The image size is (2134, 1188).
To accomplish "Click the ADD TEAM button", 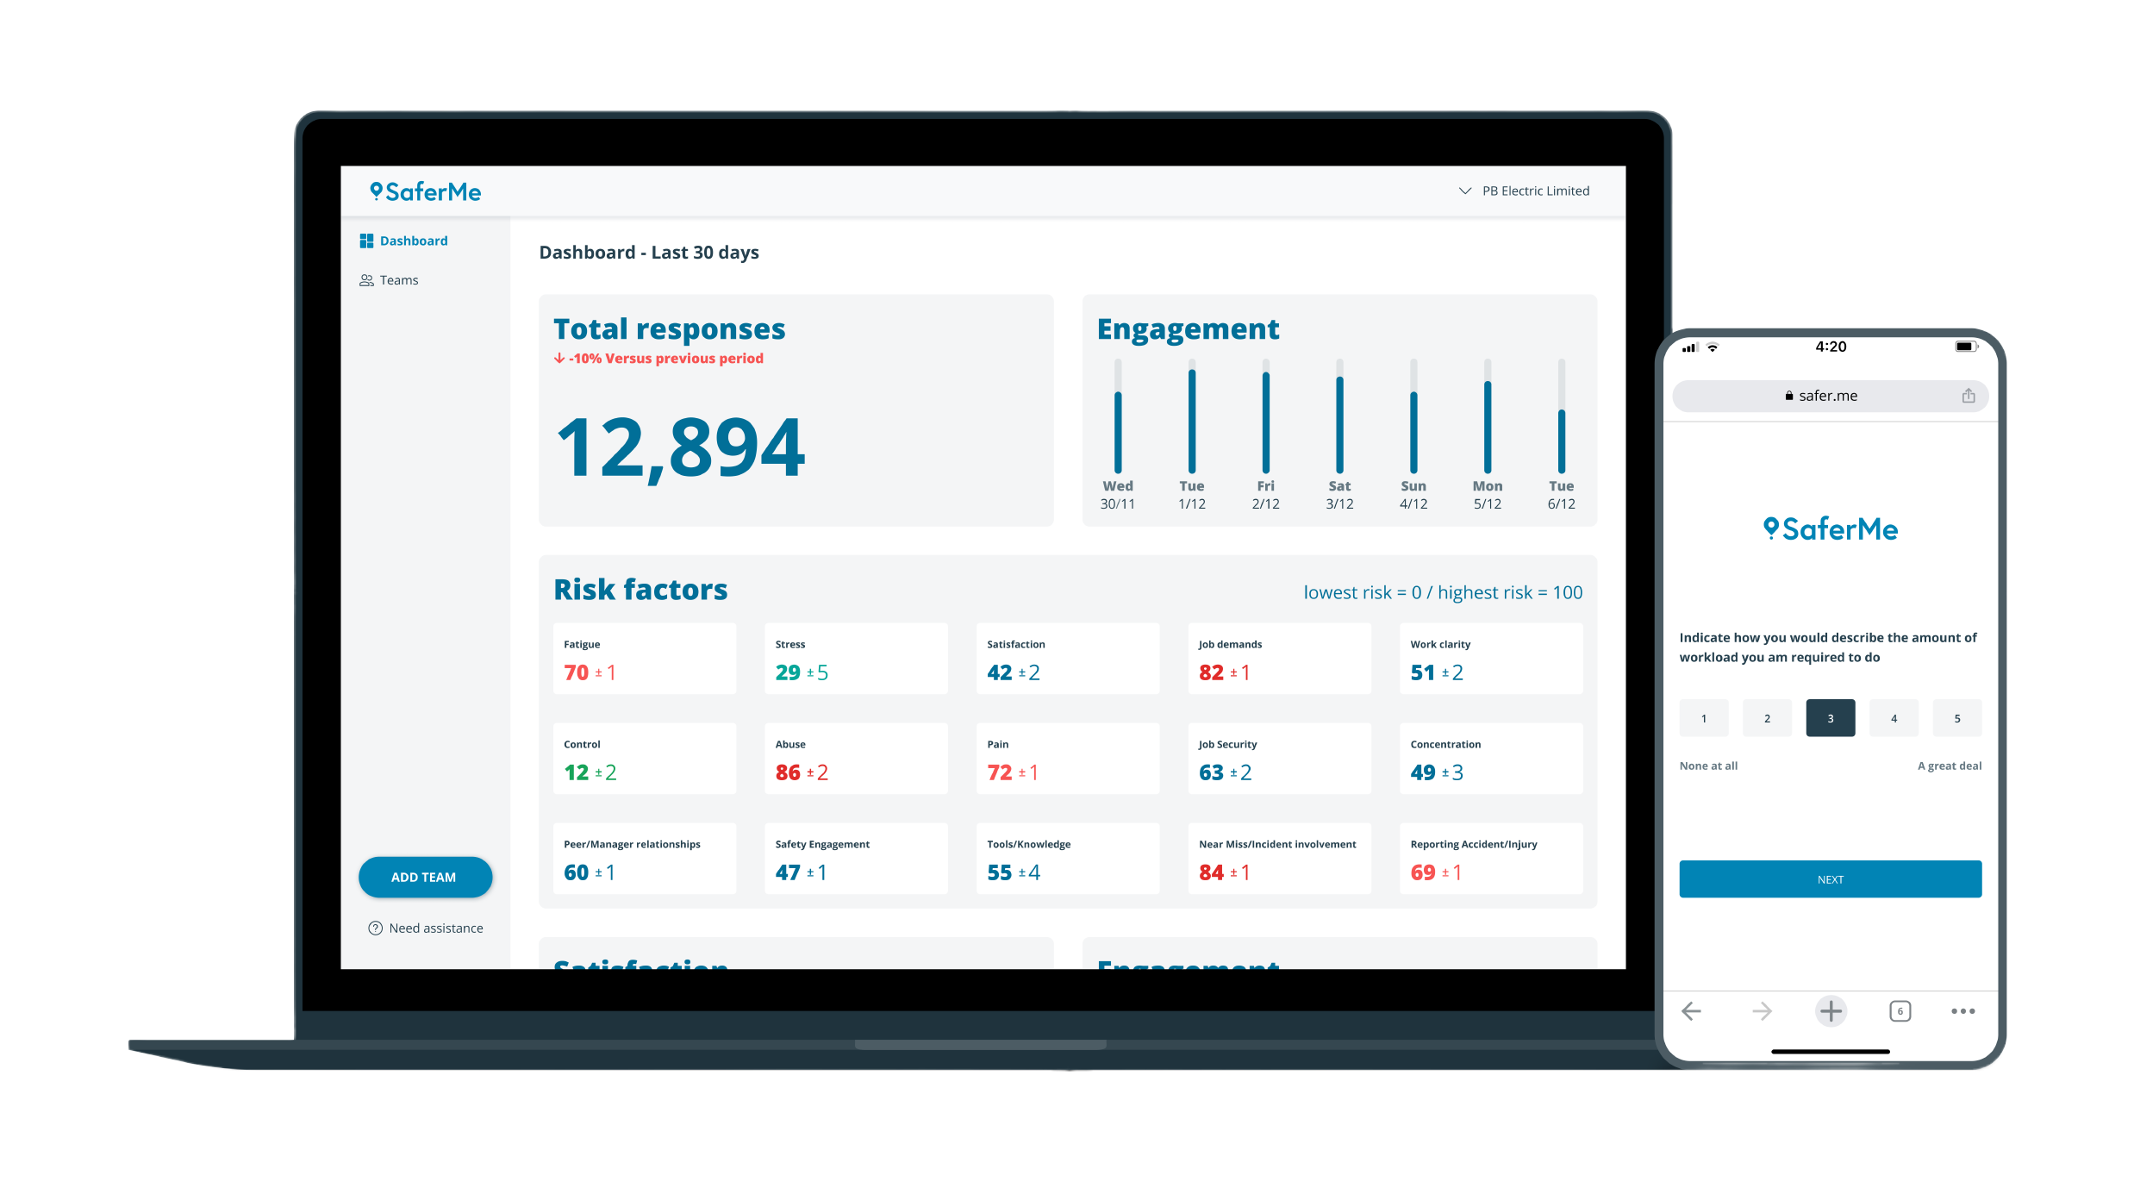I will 425,877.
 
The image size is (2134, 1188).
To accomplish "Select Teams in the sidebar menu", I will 398,280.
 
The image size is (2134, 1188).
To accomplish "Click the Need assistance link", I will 435,929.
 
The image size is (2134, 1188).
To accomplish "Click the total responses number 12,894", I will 681,447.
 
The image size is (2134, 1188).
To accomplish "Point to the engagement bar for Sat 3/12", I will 1339,424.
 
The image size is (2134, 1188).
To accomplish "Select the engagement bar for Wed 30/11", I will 1118,431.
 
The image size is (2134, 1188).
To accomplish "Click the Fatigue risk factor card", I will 644,659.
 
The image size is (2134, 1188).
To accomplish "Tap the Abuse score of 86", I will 788,772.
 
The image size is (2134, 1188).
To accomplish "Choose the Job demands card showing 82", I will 1278,659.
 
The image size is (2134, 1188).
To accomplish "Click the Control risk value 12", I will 577,772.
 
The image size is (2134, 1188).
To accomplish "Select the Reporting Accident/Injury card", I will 1490,859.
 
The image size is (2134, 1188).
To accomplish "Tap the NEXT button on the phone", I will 1830,879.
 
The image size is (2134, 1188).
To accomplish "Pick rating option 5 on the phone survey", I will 1956,718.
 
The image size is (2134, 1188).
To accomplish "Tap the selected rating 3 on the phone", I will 1830,718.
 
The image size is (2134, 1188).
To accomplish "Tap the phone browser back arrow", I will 1691,1011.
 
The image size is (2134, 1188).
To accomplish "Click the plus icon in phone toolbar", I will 1831,1011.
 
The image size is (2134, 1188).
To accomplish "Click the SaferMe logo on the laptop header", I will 426,191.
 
